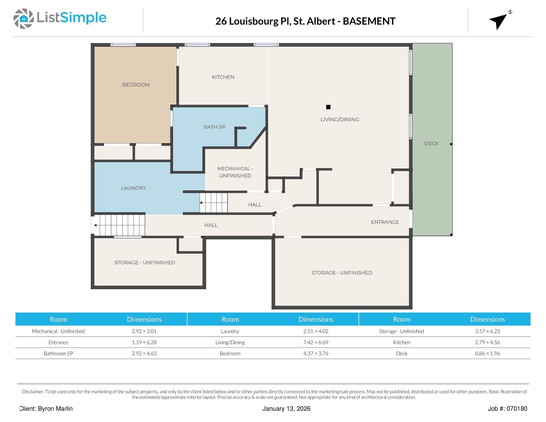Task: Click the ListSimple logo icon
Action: click(x=23, y=18)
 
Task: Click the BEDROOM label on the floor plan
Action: click(x=136, y=85)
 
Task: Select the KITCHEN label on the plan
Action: click(x=223, y=77)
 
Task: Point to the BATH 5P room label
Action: click(x=214, y=127)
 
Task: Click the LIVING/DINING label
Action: click(x=340, y=120)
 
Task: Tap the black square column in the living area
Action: click(x=328, y=107)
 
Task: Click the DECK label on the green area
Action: click(x=431, y=144)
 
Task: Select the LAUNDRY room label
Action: click(x=133, y=188)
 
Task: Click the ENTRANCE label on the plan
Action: click(x=385, y=222)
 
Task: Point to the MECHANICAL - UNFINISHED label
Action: click(x=235, y=172)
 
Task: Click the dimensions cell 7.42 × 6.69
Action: click(x=316, y=342)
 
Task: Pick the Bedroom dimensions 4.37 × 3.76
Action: click(x=316, y=353)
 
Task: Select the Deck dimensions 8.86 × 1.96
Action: click(x=487, y=353)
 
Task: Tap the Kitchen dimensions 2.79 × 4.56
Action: click(x=487, y=342)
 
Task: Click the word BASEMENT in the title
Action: click(x=369, y=21)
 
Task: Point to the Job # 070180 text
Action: click(x=507, y=408)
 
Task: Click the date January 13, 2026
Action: click(x=287, y=408)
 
